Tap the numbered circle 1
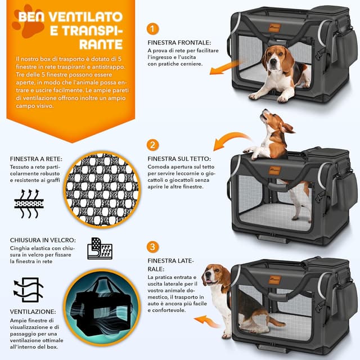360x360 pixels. [x=154, y=29]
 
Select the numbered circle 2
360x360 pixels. [x=153, y=145]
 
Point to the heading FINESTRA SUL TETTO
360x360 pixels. [x=179, y=159]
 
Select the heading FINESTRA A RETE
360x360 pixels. [x=35, y=159]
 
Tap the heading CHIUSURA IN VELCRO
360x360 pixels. [x=41, y=240]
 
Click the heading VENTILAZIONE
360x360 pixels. [x=33, y=311]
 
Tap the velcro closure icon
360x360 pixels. [x=99, y=248]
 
